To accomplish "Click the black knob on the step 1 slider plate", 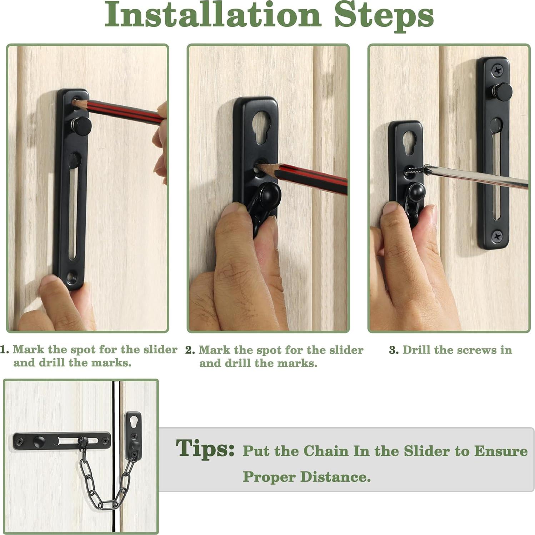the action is (x=81, y=126).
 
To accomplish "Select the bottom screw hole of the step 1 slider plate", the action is (x=71, y=276).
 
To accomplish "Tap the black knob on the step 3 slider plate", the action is (x=502, y=92).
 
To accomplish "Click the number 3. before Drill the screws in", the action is (x=394, y=350).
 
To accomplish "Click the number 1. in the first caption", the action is (x=4, y=349).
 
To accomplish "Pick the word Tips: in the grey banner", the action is (x=205, y=448).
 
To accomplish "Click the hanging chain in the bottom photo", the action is (x=107, y=479).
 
